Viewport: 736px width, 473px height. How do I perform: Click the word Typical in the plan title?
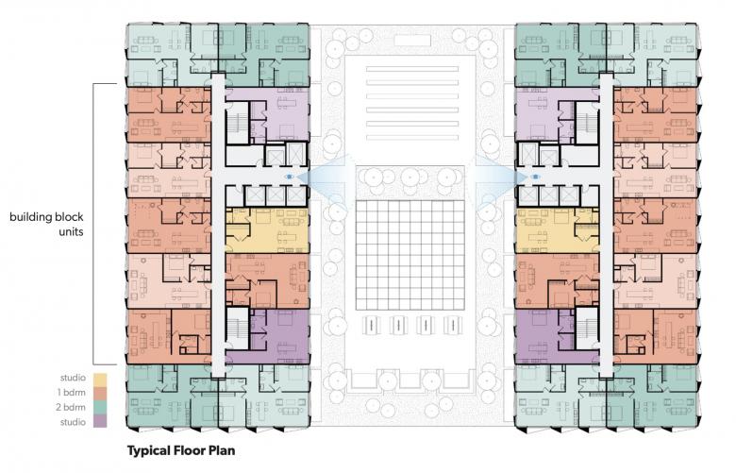[148, 451]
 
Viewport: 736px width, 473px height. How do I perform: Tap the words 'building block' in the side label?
[46, 217]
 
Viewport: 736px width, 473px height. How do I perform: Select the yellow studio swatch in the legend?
[100, 379]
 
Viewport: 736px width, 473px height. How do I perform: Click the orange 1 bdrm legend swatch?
[100, 394]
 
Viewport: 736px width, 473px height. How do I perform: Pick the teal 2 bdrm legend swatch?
[100, 408]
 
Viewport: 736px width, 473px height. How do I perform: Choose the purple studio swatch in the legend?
[100, 421]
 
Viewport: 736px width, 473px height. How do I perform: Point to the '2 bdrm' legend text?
[71, 407]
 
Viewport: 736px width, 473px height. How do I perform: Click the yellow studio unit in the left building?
[267, 230]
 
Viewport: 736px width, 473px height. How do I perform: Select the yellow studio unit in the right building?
[557, 230]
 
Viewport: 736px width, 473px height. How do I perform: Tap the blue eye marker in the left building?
[290, 177]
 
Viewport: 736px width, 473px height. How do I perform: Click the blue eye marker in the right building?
[535, 177]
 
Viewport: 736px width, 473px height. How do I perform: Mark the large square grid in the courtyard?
[410, 255]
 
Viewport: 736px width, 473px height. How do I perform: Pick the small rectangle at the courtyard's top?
[412, 41]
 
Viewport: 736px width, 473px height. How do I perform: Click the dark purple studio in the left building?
[276, 336]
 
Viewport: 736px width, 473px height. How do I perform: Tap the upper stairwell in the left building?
[237, 121]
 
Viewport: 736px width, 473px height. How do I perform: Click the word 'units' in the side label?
[72, 231]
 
